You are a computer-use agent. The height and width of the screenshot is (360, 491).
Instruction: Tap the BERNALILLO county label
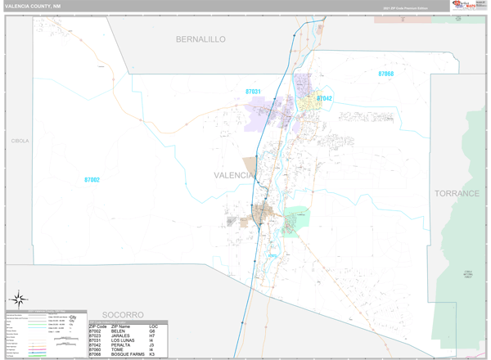pyautogui.click(x=200, y=38)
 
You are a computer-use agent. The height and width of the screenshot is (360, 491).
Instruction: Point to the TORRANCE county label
pyautogui.click(x=457, y=193)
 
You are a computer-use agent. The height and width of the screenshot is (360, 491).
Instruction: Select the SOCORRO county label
pyautogui.click(x=123, y=314)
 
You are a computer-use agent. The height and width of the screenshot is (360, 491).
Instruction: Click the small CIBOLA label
pyautogui.click(x=20, y=141)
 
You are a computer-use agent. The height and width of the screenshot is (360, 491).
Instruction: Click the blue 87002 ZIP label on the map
pyautogui.click(x=92, y=180)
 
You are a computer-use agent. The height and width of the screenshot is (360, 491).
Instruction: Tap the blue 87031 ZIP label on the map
pyautogui.click(x=253, y=92)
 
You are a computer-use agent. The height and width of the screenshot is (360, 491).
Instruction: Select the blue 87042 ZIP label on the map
pyautogui.click(x=324, y=98)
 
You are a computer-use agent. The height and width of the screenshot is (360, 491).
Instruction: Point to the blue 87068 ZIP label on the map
pyautogui.click(x=385, y=74)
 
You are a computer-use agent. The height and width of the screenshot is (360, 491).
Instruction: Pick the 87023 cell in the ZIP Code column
pyautogui.click(x=97, y=335)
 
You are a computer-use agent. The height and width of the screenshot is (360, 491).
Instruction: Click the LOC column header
pyautogui.click(x=154, y=326)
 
